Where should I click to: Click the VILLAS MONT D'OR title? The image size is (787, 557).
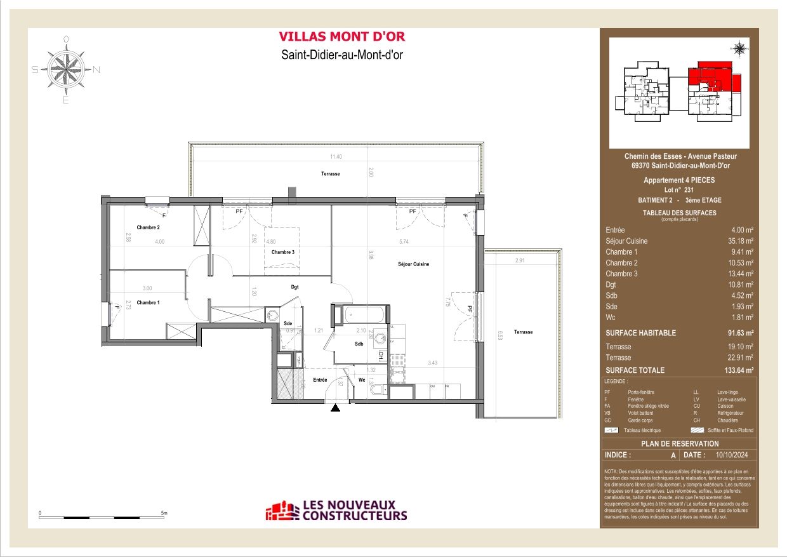[x=342, y=37]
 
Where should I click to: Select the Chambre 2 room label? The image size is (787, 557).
[x=148, y=227]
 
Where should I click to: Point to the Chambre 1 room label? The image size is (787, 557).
[x=148, y=303]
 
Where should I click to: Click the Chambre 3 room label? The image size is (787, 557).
[x=283, y=253]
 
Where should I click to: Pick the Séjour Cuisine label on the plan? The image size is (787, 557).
[x=414, y=264]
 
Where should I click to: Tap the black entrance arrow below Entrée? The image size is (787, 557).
[x=336, y=408]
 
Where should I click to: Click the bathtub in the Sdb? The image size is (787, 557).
[x=362, y=314]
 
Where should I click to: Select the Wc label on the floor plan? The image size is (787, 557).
[x=362, y=380]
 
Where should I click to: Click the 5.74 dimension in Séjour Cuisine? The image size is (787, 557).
[x=404, y=241]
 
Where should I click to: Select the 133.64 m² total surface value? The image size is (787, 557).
[x=739, y=370]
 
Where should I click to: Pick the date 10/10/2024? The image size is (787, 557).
[x=732, y=455]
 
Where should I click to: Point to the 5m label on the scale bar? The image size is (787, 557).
[x=163, y=513]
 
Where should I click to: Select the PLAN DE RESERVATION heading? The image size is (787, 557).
[x=679, y=444]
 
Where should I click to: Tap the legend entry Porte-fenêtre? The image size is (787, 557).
[x=640, y=393]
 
